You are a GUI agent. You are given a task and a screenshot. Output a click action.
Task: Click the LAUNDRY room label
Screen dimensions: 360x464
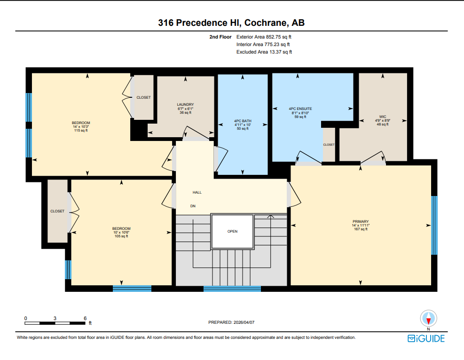pyautogui.click(x=185, y=104)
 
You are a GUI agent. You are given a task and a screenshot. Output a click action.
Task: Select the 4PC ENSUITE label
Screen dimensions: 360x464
pyautogui.click(x=300, y=109)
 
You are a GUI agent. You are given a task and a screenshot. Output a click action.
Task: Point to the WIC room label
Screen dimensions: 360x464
pyautogui.click(x=383, y=116)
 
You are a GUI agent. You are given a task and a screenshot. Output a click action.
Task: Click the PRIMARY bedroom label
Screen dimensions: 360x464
pyautogui.click(x=361, y=221)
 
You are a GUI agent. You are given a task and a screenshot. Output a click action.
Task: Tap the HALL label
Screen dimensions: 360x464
pyautogui.click(x=197, y=192)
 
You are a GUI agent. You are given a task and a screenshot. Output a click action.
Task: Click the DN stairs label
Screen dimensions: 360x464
pyautogui.click(x=193, y=206)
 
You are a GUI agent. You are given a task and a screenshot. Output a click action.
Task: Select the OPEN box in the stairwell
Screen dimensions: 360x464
pyautogui.click(x=232, y=231)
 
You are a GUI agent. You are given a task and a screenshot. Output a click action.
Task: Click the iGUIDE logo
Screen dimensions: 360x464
pyautogui.click(x=426, y=338)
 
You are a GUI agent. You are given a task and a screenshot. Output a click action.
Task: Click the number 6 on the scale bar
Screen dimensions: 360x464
pyautogui.click(x=85, y=318)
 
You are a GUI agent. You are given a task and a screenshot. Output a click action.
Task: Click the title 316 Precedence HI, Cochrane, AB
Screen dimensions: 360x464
pyautogui.click(x=232, y=23)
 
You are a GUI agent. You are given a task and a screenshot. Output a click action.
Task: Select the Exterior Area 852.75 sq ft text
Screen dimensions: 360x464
pyautogui.click(x=267, y=37)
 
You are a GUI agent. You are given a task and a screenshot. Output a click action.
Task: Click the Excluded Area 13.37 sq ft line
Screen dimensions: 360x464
pyautogui.click(x=264, y=52)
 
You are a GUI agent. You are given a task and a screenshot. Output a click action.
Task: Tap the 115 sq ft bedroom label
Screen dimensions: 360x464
pyautogui.click(x=80, y=131)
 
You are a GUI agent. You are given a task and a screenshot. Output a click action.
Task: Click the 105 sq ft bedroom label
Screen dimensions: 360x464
pyautogui.click(x=121, y=236)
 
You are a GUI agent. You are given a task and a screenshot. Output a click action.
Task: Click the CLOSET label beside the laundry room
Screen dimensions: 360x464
pyautogui.click(x=143, y=97)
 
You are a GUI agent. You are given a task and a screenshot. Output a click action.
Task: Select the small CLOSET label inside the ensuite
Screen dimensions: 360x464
pyautogui.click(x=329, y=145)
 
